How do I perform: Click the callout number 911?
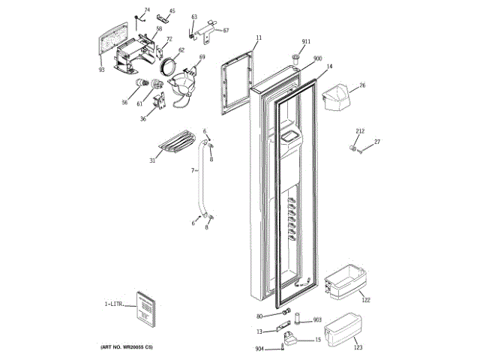coord(306,41)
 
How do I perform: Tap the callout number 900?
coord(317,58)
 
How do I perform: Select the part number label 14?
coord(328,67)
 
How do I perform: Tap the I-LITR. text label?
coord(115,304)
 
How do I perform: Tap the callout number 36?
coord(142,118)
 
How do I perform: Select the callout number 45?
coord(172,11)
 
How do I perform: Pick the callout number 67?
coord(226,31)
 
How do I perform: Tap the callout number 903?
coord(316,319)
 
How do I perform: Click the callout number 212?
coord(360,131)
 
